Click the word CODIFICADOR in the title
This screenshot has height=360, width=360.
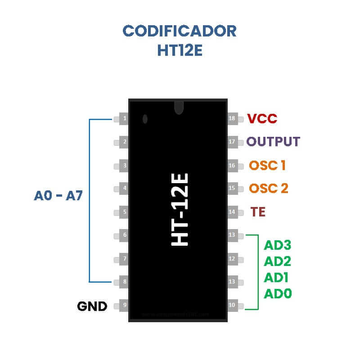[180, 31]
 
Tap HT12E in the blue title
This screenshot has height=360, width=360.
[180, 50]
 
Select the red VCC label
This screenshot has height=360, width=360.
[262, 119]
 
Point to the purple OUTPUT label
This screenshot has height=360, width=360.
[273, 142]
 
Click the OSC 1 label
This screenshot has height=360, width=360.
[267, 165]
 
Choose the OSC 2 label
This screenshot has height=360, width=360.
[268, 188]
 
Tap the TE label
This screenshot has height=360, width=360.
[258, 212]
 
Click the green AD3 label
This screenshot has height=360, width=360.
[278, 245]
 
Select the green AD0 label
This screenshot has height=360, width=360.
[278, 294]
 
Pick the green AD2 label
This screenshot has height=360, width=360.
[278, 261]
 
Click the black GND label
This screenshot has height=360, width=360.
[92, 307]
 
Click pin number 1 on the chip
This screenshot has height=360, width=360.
[124, 119]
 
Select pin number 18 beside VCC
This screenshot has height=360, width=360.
[232, 119]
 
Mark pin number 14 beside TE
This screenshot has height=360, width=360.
[232, 212]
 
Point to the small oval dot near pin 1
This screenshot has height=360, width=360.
[145, 119]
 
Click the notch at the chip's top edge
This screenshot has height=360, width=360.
[179, 107]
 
